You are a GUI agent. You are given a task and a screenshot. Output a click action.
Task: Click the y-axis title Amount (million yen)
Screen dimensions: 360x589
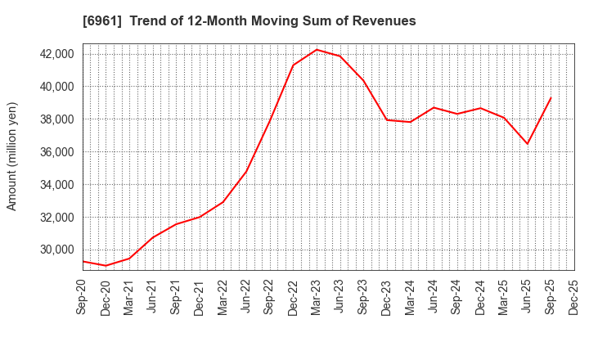12,156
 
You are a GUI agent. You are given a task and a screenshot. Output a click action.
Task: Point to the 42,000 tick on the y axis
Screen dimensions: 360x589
52,54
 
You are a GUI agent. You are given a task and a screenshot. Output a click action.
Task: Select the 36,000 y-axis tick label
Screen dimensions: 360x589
52,152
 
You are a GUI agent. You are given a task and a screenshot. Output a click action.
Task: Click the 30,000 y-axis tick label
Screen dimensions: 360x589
52,250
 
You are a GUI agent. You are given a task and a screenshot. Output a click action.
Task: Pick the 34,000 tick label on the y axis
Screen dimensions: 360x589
52,185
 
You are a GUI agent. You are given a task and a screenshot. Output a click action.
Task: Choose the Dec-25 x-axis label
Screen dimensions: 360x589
574,297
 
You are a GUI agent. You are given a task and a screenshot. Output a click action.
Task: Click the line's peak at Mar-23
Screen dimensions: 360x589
317,50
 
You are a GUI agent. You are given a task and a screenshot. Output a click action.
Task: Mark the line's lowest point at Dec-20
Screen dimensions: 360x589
106,265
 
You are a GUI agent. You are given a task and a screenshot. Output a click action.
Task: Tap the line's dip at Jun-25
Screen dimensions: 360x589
528,144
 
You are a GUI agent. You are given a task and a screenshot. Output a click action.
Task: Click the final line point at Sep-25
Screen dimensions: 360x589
551,98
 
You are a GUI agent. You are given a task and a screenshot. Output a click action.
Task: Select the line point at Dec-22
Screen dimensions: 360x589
293,65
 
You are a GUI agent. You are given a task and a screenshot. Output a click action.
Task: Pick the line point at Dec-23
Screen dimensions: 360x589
387,120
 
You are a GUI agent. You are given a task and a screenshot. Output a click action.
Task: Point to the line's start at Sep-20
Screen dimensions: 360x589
83,261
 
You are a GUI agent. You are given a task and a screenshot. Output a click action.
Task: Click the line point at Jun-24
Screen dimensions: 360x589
434,107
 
